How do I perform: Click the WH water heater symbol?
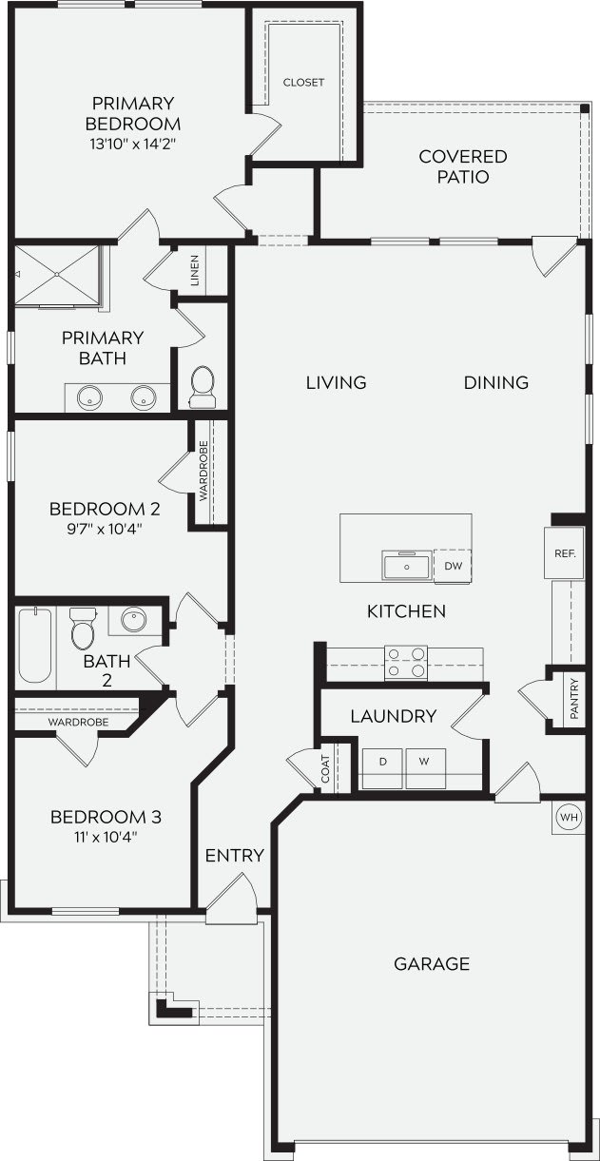pyautogui.click(x=569, y=817)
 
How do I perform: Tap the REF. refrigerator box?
pyautogui.click(x=561, y=552)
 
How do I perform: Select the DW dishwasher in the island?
pyautogui.click(x=453, y=566)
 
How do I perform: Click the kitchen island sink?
pyautogui.click(x=407, y=565)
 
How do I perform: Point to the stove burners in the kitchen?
pyautogui.click(x=406, y=662)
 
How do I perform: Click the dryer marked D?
pyautogui.click(x=383, y=763)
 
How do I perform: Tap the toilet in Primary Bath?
pyautogui.click(x=203, y=385)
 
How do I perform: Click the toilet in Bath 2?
pyautogui.click(x=83, y=629)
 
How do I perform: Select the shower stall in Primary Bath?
pyautogui.click(x=57, y=275)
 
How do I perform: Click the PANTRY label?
pyautogui.click(x=573, y=698)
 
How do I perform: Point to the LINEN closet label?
pyautogui.click(x=195, y=270)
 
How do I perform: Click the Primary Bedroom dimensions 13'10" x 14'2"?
pyautogui.click(x=132, y=144)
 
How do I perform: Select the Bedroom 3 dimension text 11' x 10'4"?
pyautogui.click(x=105, y=838)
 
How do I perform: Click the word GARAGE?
pyautogui.click(x=432, y=964)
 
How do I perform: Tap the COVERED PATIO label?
pyautogui.click(x=462, y=166)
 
